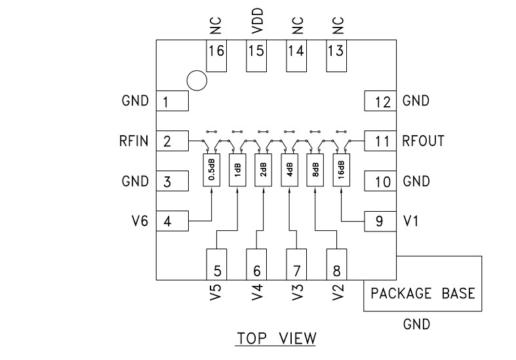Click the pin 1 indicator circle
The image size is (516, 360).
coord(196,81)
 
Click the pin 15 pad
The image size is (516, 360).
coord(256,56)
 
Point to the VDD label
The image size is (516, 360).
coord(256,22)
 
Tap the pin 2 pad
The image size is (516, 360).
coord(172,141)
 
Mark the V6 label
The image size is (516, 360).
coord(140,222)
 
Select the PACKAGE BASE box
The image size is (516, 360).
coord(424,292)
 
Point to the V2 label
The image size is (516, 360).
coord(337,293)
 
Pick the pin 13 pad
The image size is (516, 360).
coord(337,56)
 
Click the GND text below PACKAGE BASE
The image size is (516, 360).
coord(417,324)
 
